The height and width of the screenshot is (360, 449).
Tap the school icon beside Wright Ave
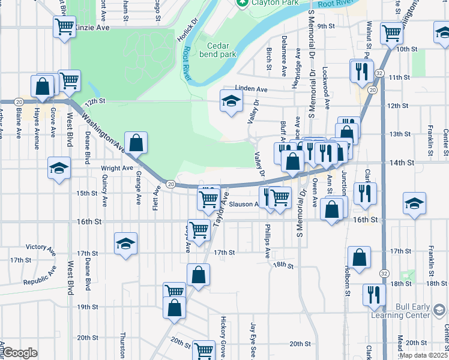click(x=59, y=169)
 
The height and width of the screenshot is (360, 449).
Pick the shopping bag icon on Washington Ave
click(x=136, y=143)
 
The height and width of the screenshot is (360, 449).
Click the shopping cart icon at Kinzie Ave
click(x=64, y=26)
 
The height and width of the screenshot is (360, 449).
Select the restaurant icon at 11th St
click(x=361, y=71)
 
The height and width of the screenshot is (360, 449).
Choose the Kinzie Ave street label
click(x=94, y=28)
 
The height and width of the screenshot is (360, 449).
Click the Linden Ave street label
click(x=251, y=89)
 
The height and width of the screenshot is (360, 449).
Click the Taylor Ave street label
click(x=221, y=206)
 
